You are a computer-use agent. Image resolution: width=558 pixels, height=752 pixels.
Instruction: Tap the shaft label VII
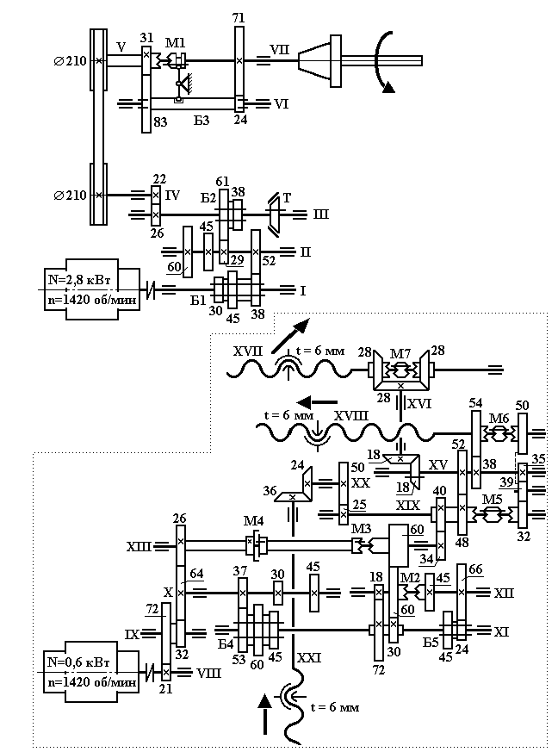(x=279, y=51)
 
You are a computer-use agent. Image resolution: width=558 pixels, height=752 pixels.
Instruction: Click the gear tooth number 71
(x=239, y=17)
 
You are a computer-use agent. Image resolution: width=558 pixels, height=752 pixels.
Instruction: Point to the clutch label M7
(x=399, y=353)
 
